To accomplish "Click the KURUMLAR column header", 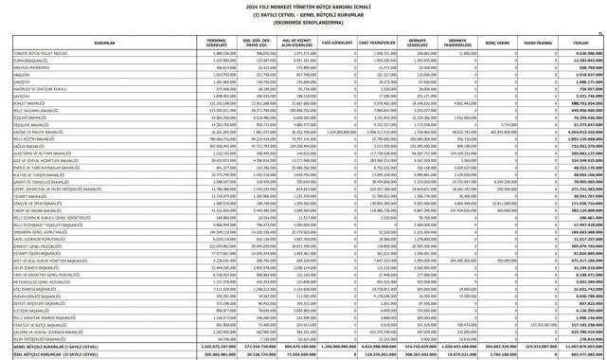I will coord(104,43).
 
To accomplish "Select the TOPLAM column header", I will coord(581,43).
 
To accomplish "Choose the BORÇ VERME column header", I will coord(497,43).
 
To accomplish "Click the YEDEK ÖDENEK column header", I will coord(538,43).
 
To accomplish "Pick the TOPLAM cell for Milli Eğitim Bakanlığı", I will coord(582,137).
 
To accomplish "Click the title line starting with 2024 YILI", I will coord(303,6).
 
